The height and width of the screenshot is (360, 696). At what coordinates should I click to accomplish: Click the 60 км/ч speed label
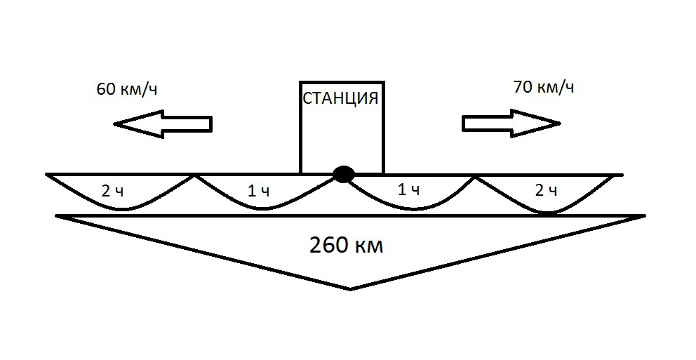click(x=127, y=89)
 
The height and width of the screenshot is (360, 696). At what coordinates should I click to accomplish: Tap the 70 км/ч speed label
click(x=543, y=87)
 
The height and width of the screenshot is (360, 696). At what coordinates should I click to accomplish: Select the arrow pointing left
click(x=163, y=124)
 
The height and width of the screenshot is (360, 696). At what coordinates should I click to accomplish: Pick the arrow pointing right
click(x=511, y=123)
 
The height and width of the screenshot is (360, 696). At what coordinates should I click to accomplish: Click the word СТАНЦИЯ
click(x=340, y=98)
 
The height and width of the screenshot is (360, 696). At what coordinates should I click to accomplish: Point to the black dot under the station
click(x=343, y=174)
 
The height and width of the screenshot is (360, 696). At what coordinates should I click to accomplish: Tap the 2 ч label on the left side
click(x=113, y=192)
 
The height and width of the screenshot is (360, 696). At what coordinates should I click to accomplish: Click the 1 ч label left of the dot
click(x=258, y=192)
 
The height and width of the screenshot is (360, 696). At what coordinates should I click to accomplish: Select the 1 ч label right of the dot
click(x=409, y=190)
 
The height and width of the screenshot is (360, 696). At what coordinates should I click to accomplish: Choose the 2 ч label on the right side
click(x=546, y=190)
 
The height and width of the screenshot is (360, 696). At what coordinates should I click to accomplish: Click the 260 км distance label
click(x=346, y=245)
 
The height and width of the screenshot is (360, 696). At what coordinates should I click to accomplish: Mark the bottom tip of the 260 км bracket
click(x=351, y=289)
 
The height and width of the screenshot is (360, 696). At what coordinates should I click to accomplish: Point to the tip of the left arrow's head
click(x=114, y=124)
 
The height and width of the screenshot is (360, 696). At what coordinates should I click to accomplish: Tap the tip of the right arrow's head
click(x=561, y=123)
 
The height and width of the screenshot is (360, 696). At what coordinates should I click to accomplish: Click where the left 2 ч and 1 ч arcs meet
click(x=194, y=175)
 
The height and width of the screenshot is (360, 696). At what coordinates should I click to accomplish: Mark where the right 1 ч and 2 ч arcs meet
click(x=475, y=177)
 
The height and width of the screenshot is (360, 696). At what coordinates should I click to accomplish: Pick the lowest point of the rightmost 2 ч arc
click(x=549, y=213)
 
